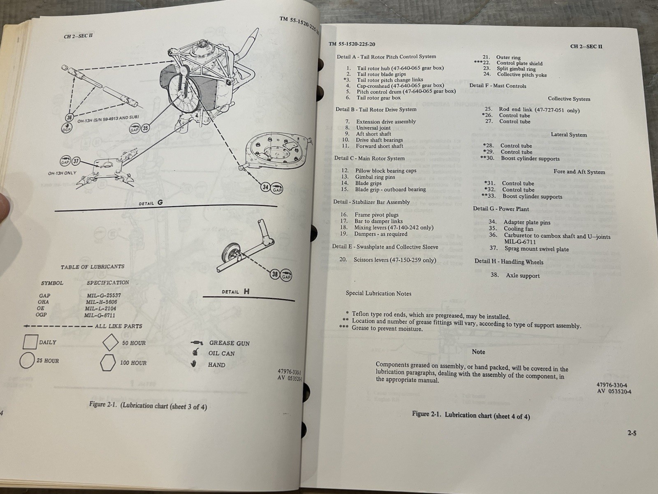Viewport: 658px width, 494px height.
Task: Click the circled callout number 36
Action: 70,118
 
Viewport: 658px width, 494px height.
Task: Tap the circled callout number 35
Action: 145,128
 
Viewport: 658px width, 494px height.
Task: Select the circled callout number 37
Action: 76,161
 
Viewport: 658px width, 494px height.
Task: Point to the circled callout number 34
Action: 265,187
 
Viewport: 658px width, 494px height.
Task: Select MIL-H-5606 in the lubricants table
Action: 101,302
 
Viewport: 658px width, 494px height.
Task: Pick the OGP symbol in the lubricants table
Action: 42,315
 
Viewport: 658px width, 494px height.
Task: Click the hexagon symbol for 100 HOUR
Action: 108,363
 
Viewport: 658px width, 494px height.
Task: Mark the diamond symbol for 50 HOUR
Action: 110,343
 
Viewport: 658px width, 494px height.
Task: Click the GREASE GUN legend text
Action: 229,343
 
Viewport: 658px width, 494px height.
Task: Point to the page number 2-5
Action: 632,433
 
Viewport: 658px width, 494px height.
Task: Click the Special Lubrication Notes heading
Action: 378,294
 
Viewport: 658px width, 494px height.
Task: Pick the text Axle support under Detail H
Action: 522,275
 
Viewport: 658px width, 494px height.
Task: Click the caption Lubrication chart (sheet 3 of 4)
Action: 148,406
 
